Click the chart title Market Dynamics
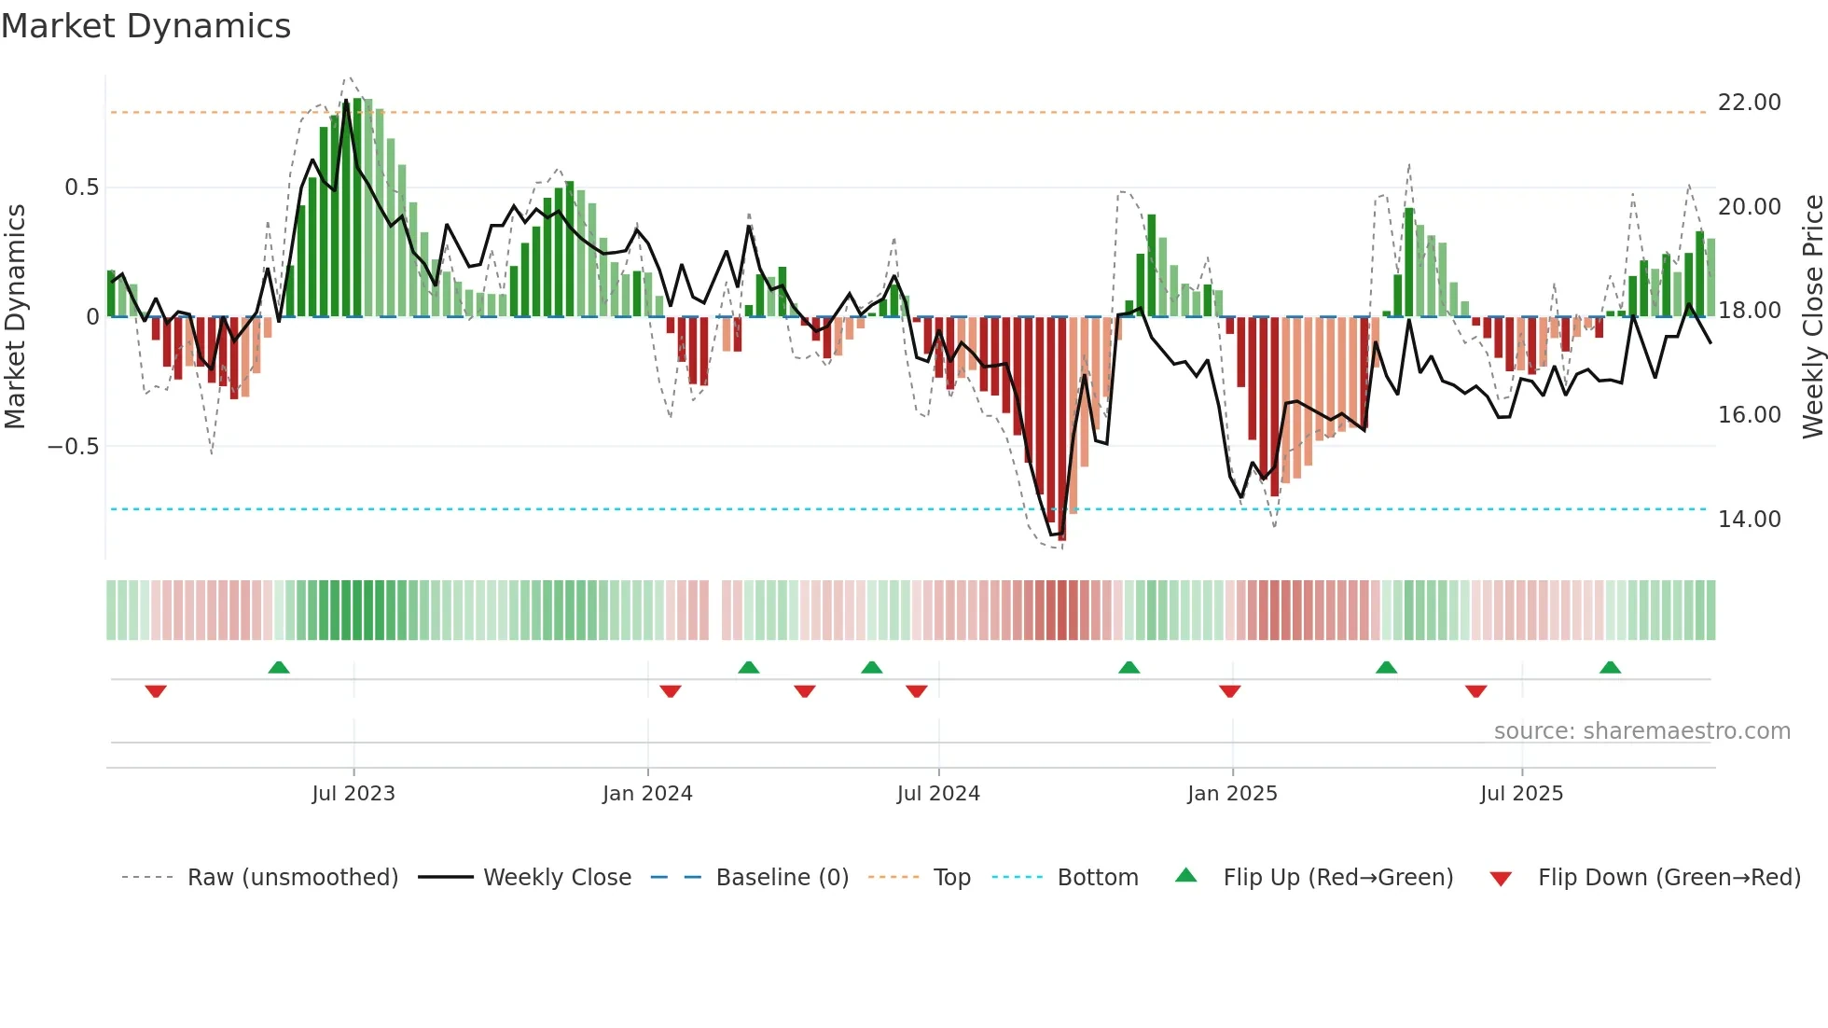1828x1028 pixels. click(x=145, y=26)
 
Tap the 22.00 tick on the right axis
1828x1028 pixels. click(x=1749, y=103)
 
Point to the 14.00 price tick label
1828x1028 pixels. click(x=1749, y=520)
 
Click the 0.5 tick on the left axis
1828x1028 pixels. click(x=81, y=188)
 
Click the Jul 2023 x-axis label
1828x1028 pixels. click(x=353, y=794)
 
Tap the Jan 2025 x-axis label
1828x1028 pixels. click(x=1232, y=794)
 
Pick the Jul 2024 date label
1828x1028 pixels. click(x=938, y=794)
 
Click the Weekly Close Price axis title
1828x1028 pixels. click(x=1812, y=317)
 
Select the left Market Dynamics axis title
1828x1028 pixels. click(x=15, y=317)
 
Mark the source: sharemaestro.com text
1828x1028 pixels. click(x=1641, y=731)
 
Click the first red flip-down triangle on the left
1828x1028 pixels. click(x=156, y=691)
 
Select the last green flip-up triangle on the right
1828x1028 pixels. click(x=1610, y=668)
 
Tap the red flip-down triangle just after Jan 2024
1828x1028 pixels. click(x=671, y=691)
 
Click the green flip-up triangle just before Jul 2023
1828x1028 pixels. click(x=279, y=668)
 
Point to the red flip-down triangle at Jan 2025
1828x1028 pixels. click(x=1229, y=691)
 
